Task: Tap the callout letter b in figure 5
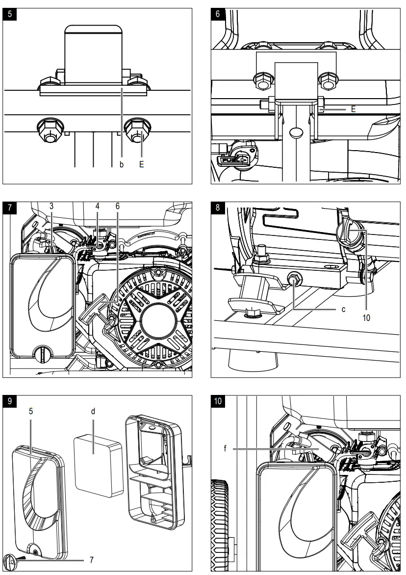[x=122, y=165]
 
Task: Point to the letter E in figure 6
[x=353, y=110]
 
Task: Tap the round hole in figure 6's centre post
[x=295, y=133]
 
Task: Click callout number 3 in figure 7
[x=51, y=207]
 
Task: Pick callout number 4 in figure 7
[x=98, y=207]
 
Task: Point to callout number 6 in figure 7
[x=118, y=207]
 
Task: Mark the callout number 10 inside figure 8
[x=366, y=317]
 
